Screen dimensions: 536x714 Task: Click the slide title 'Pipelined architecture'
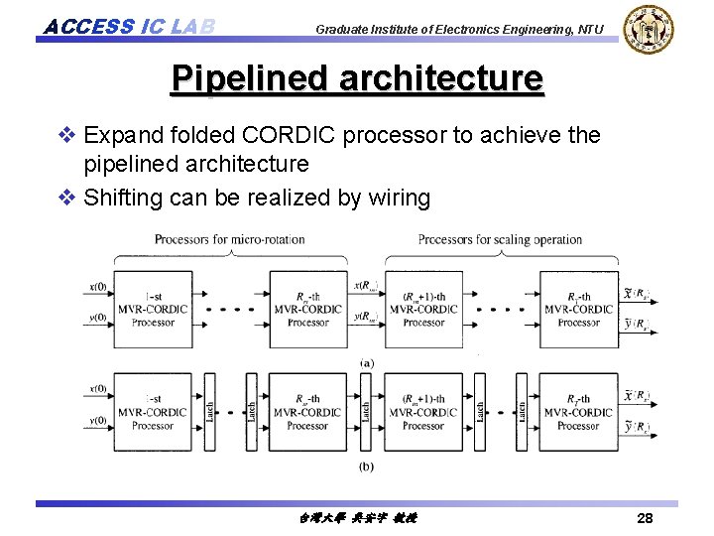357,78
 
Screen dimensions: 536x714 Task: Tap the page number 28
645,518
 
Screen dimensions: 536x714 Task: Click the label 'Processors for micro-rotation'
229,239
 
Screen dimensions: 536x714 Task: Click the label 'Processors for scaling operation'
500,239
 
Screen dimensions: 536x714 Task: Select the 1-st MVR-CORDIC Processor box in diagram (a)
153,309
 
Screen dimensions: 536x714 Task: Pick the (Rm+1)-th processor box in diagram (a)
423,309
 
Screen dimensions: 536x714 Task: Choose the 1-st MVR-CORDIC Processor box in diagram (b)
153,411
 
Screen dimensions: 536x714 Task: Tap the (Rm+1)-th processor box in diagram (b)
423,411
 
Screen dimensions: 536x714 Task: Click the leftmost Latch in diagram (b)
209,410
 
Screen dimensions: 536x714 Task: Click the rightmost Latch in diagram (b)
522,410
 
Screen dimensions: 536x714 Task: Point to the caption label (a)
367,363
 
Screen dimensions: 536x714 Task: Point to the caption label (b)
367,466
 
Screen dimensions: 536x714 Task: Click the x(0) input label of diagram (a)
98,288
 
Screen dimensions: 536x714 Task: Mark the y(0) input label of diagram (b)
98,421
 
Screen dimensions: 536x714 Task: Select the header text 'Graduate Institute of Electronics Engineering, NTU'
458,30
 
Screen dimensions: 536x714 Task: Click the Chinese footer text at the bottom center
357,518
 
